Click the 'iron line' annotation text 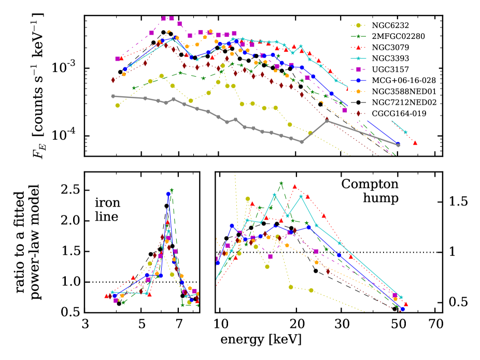pos(107,211)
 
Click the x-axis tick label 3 pos(86,326)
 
